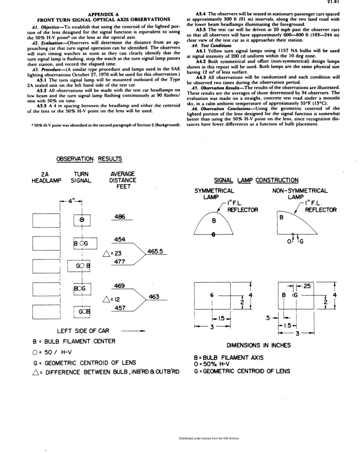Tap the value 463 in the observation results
click(153, 297)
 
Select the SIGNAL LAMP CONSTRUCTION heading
click(256, 180)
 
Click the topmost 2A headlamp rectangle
click(45, 220)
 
